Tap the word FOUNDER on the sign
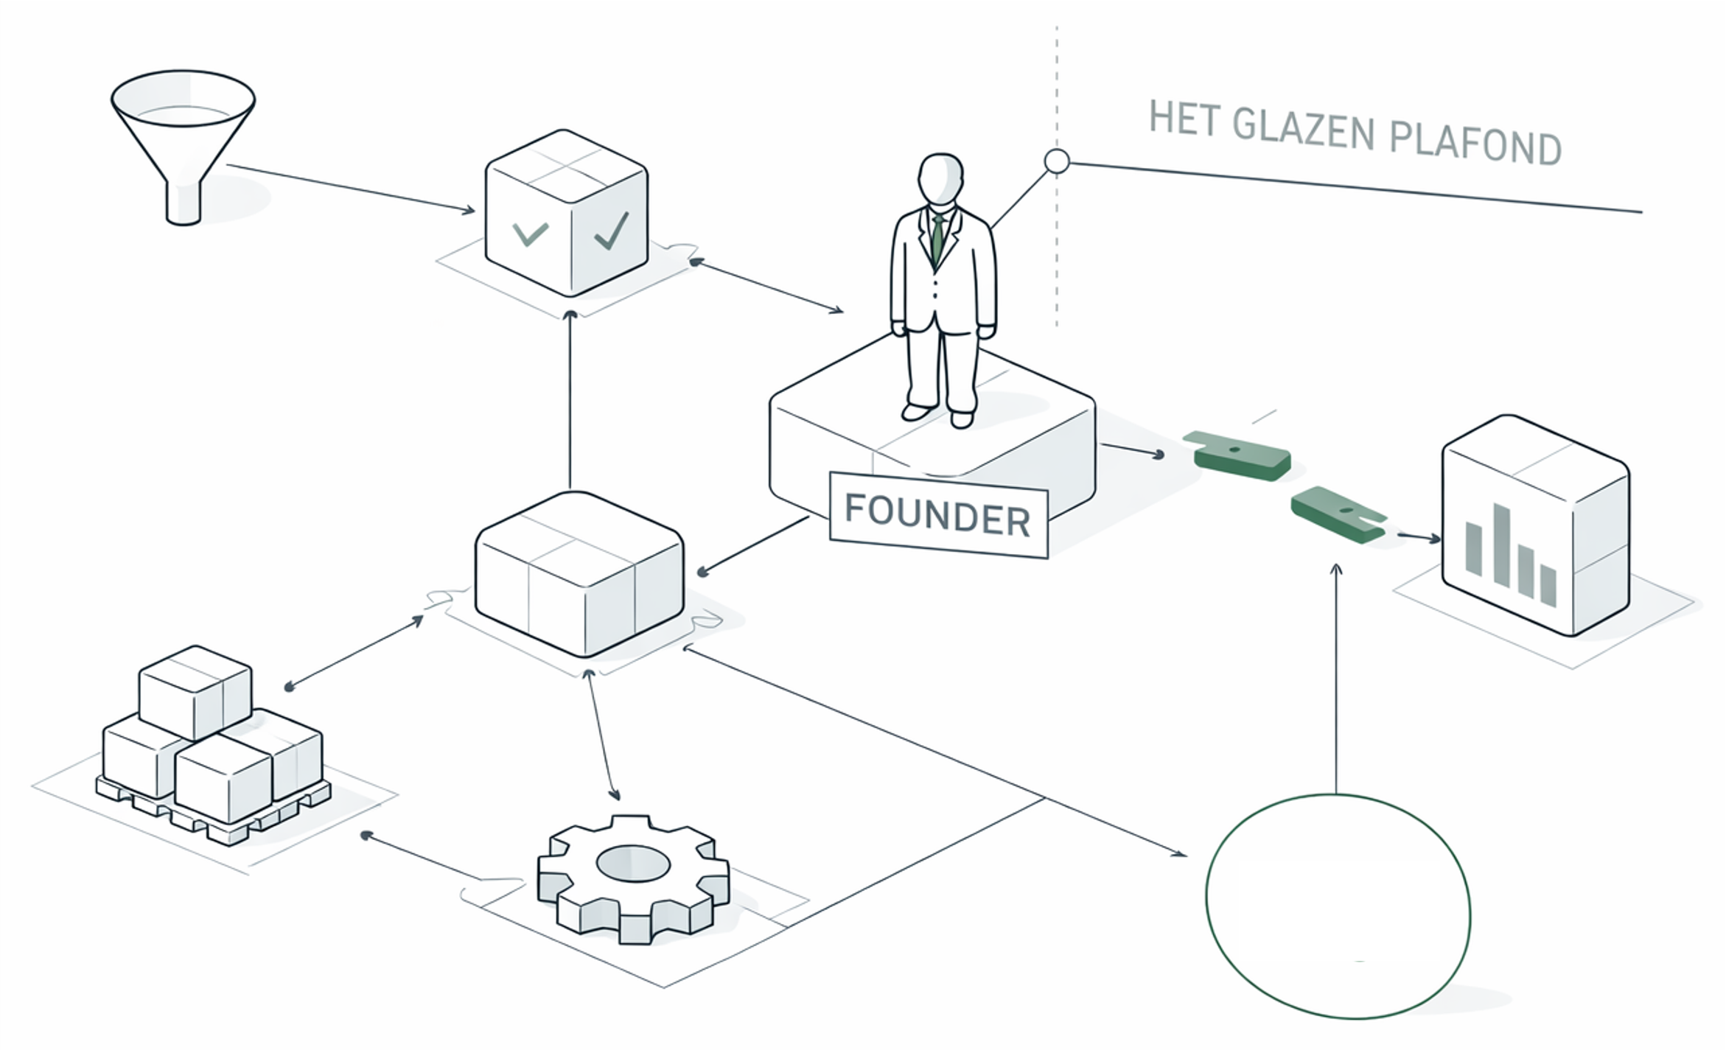[937, 514]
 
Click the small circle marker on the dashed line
[1057, 161]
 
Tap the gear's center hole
[633, 863]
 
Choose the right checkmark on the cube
[611, 231]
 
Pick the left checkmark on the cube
[531, 234]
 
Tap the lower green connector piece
[1337, 514]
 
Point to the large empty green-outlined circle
[1338, 906]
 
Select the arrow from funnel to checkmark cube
[350, 188]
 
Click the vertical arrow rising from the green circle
[1336, 678]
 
